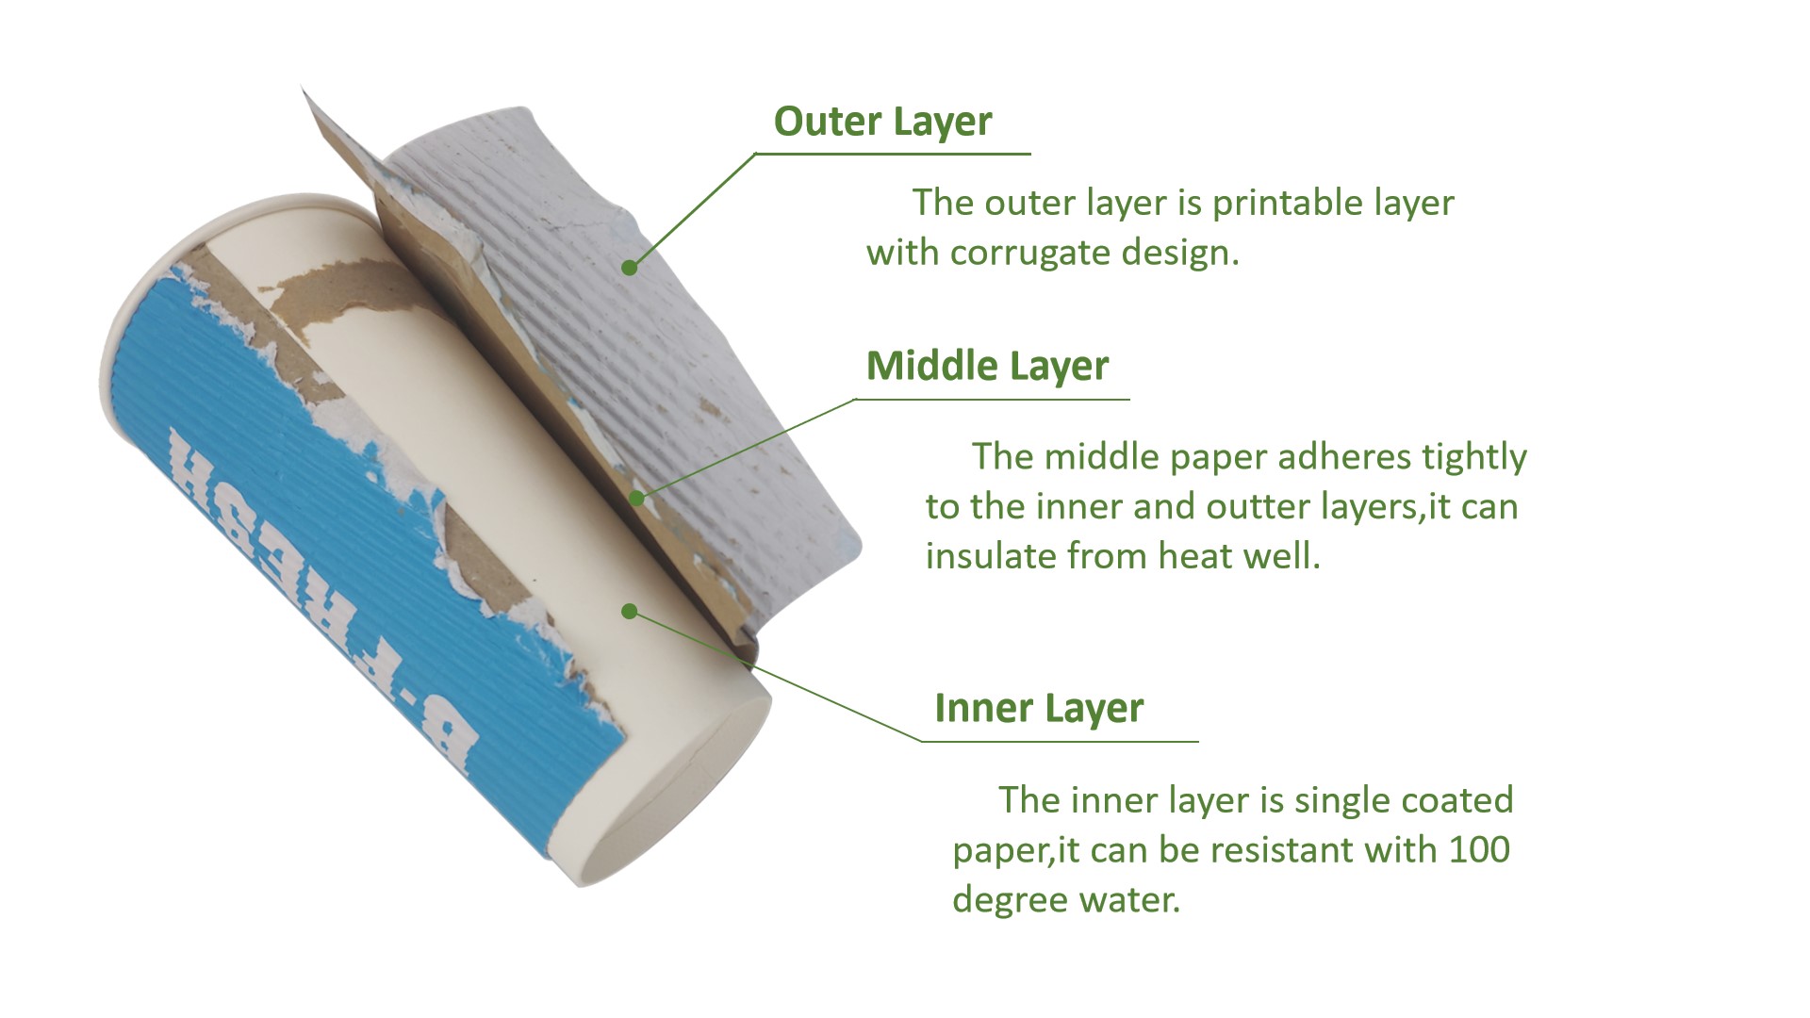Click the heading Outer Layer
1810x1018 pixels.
coord(882,122)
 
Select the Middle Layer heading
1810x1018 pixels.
coord(987,366)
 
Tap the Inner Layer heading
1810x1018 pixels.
coord(1039,708)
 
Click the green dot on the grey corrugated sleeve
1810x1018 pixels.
coord(630,268)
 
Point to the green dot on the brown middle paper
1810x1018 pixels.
coord(637,498)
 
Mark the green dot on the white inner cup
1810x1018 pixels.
coord(630,613)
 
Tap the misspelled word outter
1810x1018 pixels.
coord(1252,507)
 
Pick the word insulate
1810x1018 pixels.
coord(991,556)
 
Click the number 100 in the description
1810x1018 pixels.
coord(1479,849)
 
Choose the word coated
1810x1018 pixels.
coord(1456,800)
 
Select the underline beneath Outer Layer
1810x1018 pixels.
coord(893,154)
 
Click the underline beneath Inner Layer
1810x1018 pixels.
coord(1060,742)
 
